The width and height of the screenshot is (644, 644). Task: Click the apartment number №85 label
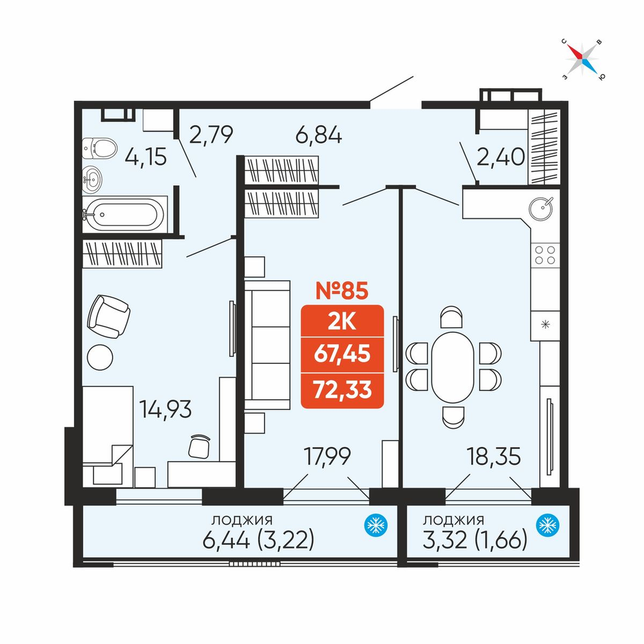[342, 290]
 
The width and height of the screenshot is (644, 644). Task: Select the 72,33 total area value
[342, 390]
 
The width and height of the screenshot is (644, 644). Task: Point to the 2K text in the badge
[342, 323]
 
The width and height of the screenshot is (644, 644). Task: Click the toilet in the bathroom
[99, 148]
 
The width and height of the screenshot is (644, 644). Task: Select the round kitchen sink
[541, 208]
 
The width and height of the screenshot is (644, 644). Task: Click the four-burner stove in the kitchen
[545, 255]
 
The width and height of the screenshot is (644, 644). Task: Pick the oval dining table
[453, 367]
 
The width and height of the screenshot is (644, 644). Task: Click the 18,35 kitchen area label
[493, 457]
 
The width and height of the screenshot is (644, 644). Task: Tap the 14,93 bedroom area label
[165, 409]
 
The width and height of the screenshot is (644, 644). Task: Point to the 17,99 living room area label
[327, 456]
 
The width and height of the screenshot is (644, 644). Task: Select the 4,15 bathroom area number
[146, 157]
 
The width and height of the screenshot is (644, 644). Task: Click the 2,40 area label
[500, 156]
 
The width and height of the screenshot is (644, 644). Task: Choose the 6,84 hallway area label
[319, 135]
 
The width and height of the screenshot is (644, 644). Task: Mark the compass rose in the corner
[582, 59]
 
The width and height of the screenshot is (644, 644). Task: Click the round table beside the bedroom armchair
[100, 357]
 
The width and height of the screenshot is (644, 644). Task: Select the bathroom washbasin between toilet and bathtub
[92, 180]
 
